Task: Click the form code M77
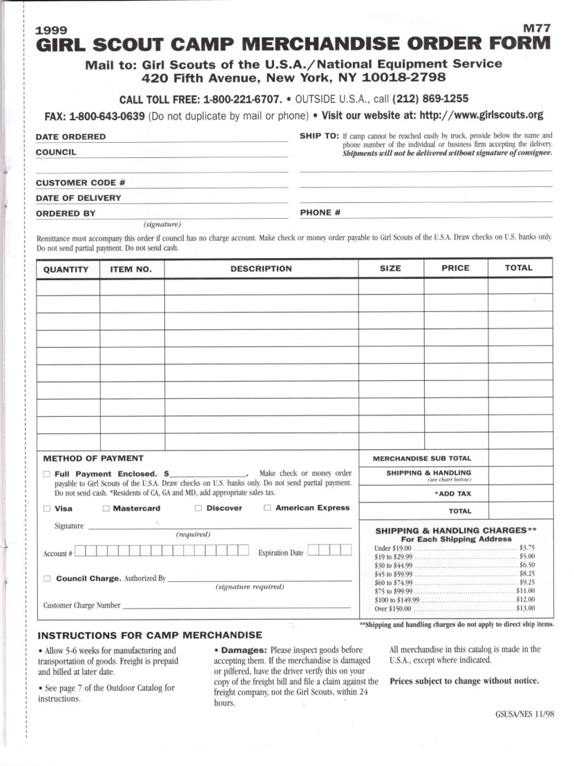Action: coord(537,29)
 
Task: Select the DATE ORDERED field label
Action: coord(70,137)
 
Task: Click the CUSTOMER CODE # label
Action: coord(80,183)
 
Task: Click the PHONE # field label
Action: coord(321,213)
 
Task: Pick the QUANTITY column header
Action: coord(66,269)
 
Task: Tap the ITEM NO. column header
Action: coord(131,269)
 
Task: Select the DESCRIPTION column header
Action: coord(261,268)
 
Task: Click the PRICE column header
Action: coord(455,268)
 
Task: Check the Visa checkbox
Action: coord(46,509)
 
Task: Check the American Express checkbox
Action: coord(267,509)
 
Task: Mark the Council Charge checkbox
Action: coord(46,578)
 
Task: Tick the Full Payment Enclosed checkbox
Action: coord(46,474)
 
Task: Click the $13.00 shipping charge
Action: coord(526,609)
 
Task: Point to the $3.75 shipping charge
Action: coord(527,547)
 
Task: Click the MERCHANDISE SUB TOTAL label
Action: coord(422,458)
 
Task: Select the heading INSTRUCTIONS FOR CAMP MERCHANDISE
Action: coord(149,635)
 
